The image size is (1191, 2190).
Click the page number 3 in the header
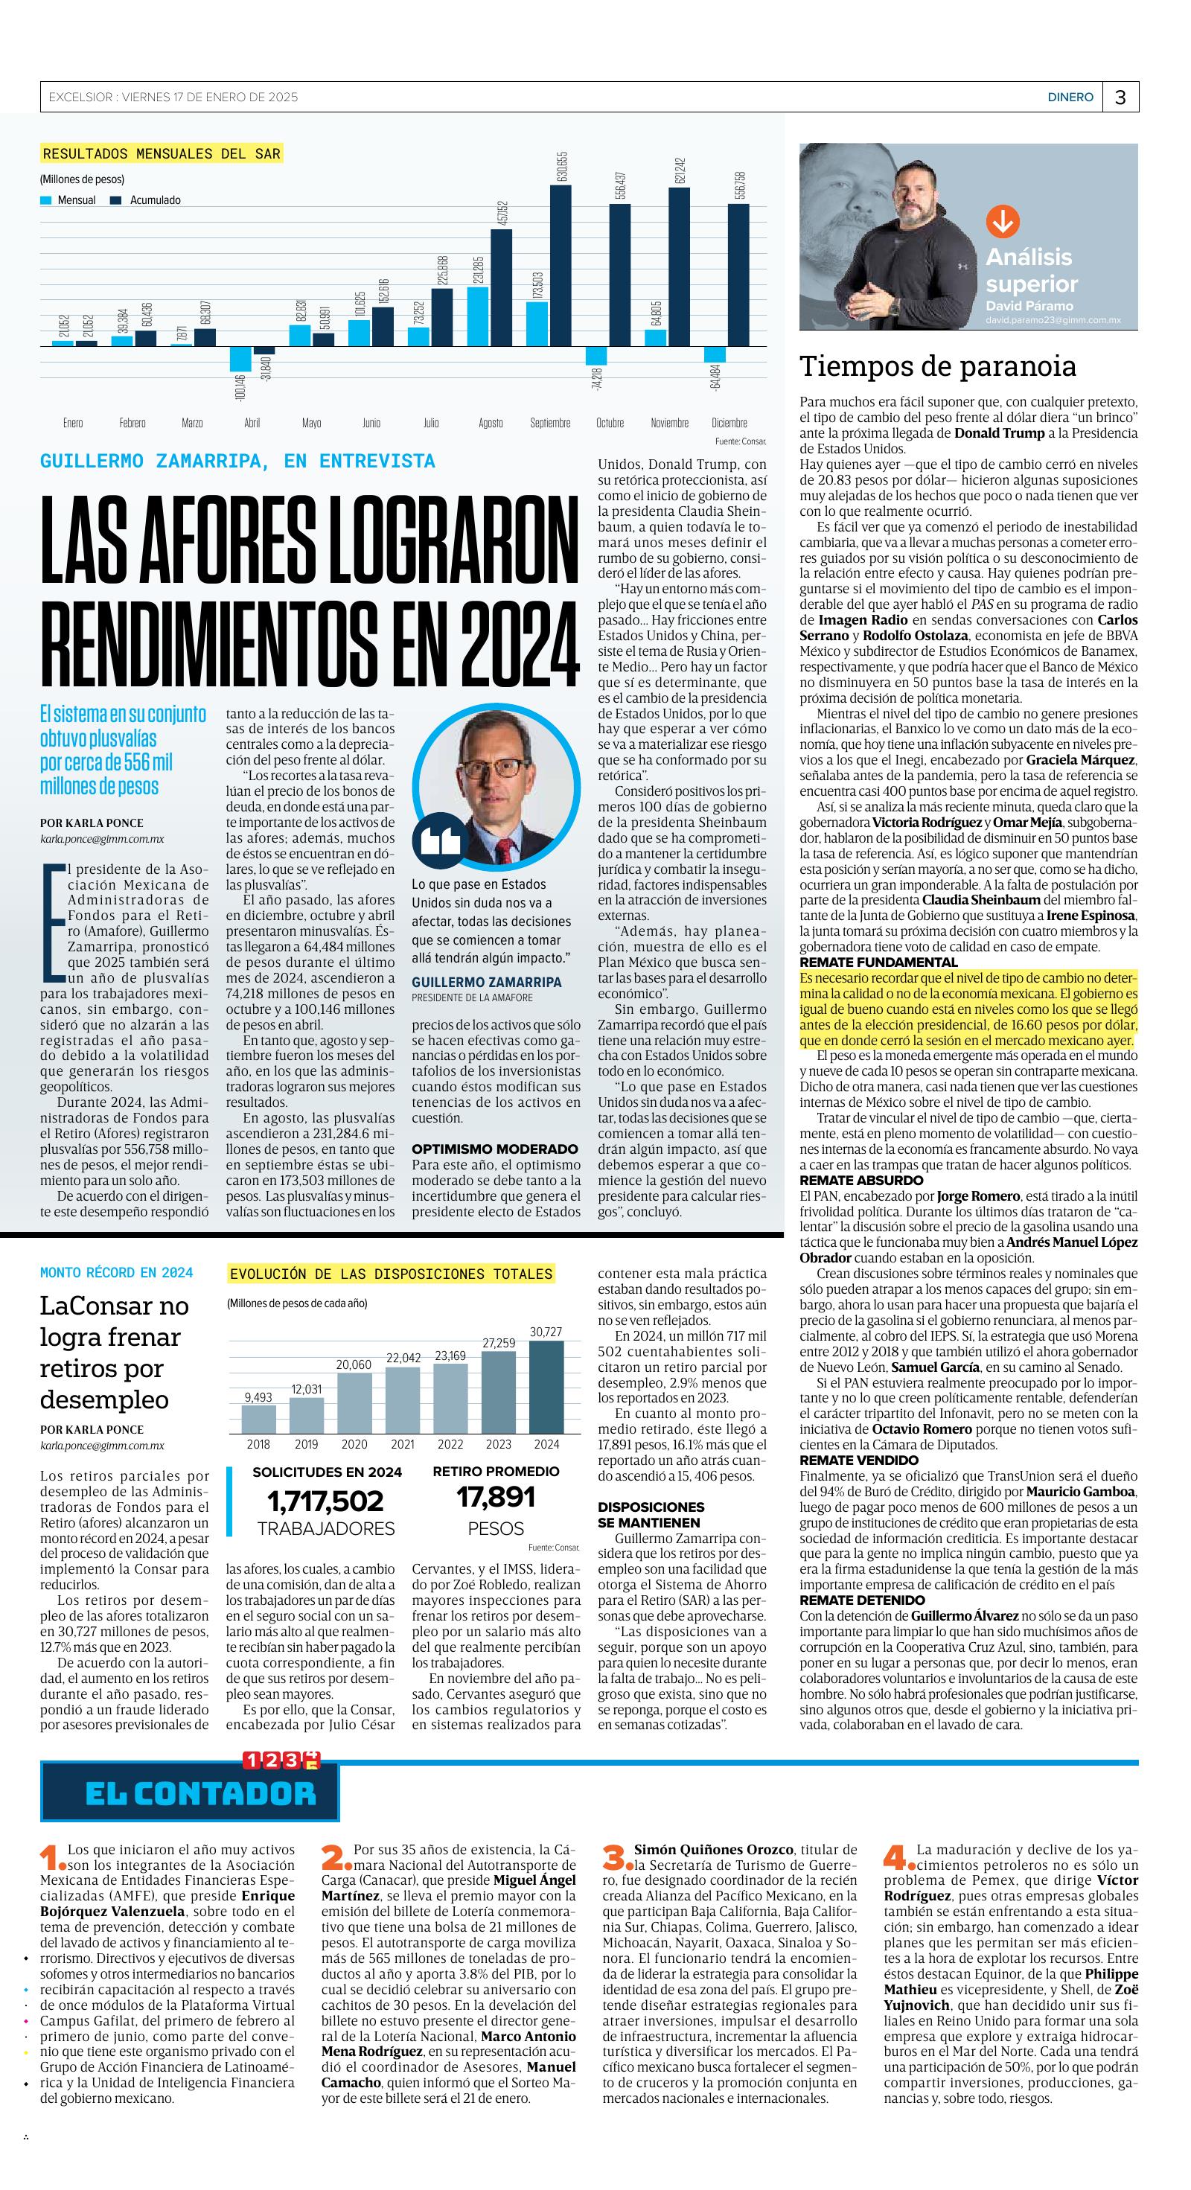point(1120,98)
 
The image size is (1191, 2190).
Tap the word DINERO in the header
point(1070,98)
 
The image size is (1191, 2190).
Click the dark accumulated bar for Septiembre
point(561,265)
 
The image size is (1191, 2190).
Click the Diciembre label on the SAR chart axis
point(729,423)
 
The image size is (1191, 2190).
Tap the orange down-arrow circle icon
point(1002,222)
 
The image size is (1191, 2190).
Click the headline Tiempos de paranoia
point(938,366)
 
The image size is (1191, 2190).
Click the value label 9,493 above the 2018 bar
point(258,1396)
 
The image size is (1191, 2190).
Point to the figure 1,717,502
point(325,1501)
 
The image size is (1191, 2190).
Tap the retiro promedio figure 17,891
point(496,1496)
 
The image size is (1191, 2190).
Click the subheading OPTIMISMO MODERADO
point(495,1149)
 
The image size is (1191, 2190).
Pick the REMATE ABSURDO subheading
point(861,1180)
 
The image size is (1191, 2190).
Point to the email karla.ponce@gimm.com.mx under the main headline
point(102,839)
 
